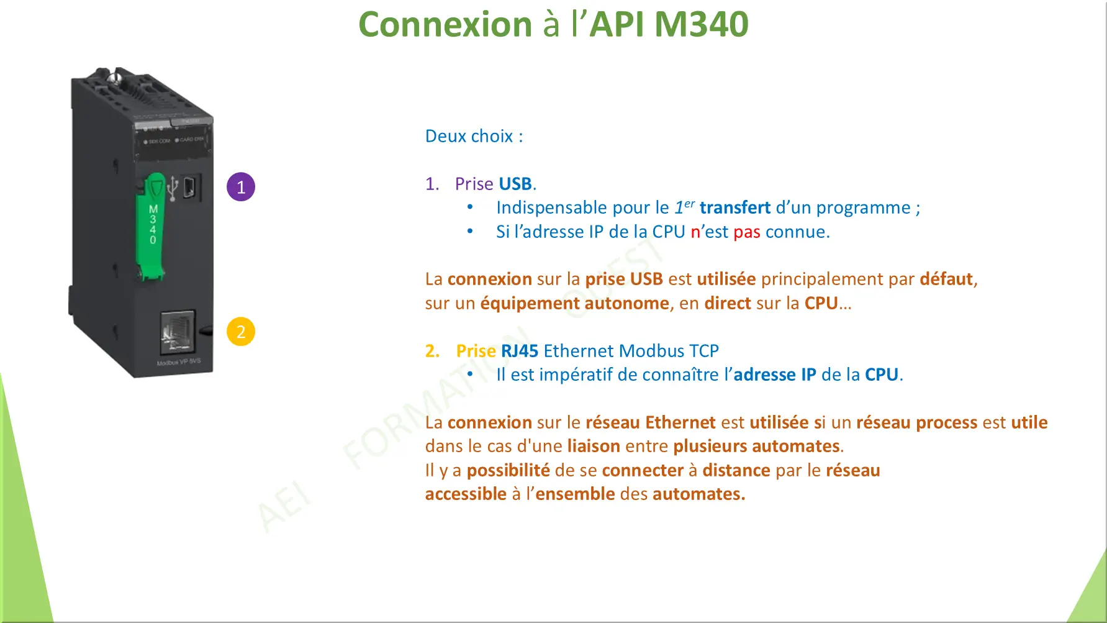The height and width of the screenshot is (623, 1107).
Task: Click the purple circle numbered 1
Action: click(241, 187)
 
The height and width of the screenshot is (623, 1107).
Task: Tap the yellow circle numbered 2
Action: click(241, 332)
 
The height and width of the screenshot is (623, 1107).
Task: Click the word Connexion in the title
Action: click(445, 24)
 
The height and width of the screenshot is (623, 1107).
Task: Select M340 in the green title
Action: click(702, 24)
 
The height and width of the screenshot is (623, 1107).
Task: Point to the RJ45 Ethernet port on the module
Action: click(178, 332)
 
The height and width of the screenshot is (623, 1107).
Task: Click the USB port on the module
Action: click(189, 186)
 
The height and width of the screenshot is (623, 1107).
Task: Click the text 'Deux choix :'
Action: click(474, 136)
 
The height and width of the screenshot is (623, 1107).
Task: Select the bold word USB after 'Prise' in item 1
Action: click(515, 184)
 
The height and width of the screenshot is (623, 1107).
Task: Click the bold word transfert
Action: click(735, 207)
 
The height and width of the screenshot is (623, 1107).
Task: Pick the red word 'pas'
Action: click(747, 232)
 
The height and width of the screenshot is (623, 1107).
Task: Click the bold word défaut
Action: click(946, 279)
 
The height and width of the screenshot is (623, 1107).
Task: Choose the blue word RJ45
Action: click(520, 351)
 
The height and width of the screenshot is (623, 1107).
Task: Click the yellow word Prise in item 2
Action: click(476, 351)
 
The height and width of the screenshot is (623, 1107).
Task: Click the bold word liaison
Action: click(594, 446)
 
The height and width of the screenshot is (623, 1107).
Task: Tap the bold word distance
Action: click(736, 470)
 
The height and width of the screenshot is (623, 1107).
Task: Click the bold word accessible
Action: click(466, 494)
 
